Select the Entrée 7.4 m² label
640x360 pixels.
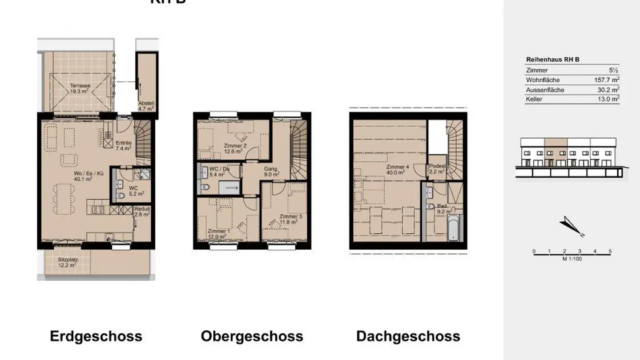(124, 145)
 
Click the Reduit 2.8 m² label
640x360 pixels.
(142, 212)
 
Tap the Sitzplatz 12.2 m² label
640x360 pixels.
(67, 262)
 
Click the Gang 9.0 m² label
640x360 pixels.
(271, 172)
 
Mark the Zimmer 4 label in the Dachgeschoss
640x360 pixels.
(395, 170)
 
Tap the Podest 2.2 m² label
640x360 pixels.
(437, 168)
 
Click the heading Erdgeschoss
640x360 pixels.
(96, 336)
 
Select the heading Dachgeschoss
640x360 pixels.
(408, 336)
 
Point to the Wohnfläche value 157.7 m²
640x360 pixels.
(606, 80)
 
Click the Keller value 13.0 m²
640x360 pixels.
(608, 99)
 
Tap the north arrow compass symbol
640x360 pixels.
(572, 226)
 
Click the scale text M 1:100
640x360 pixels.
(572, 259)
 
